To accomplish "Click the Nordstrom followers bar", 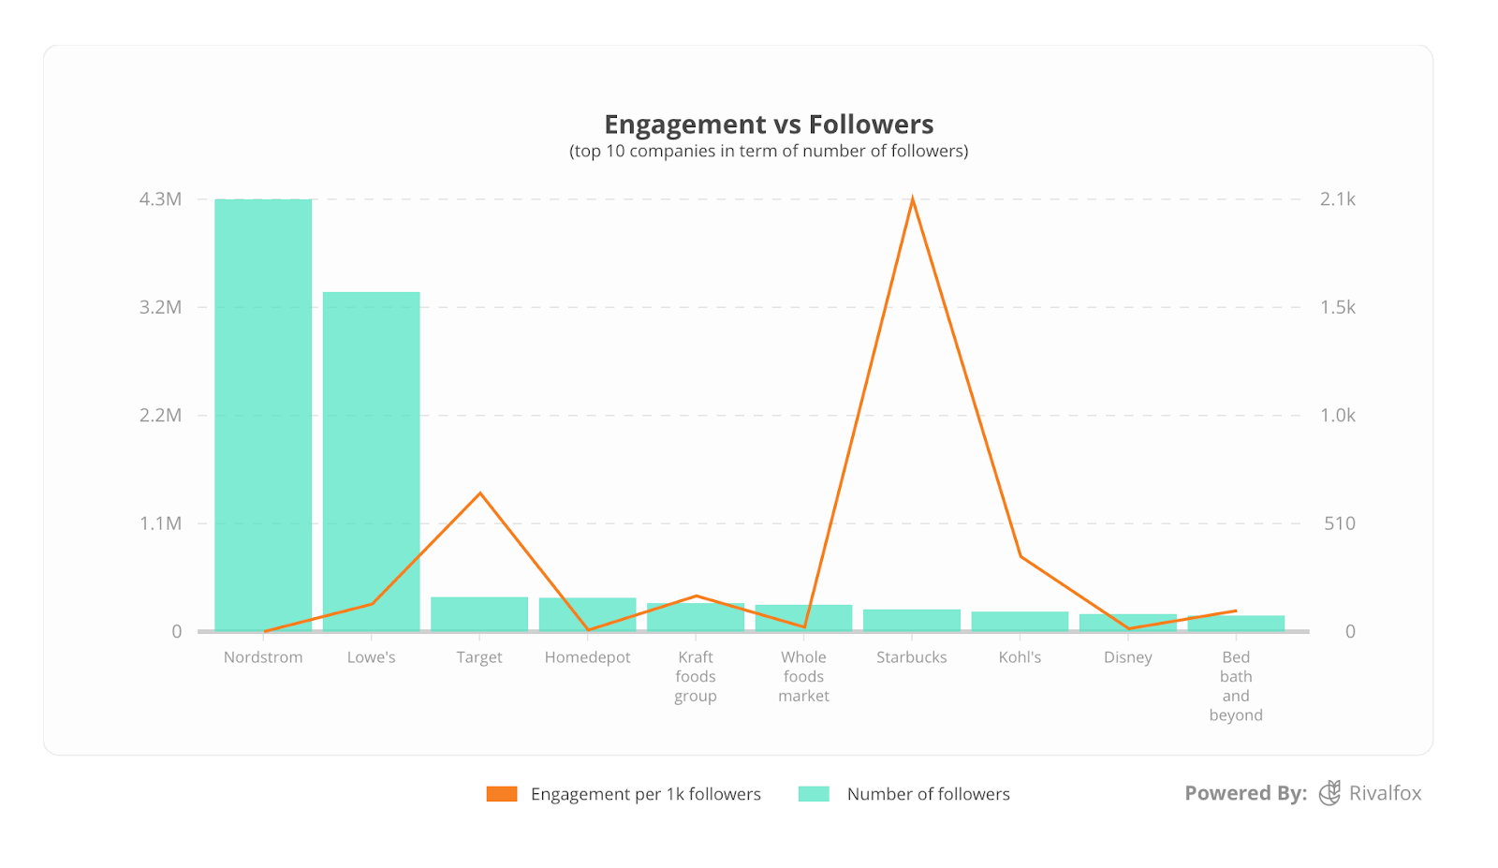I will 263,415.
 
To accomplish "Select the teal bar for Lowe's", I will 371,461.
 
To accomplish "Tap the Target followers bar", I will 479,613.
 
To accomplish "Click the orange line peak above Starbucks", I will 912,199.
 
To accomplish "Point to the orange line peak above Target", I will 480,493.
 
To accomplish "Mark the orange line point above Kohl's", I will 1021,556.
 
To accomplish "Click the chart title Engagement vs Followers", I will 769,125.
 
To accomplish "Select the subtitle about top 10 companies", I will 769,151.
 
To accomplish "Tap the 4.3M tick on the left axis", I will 160,199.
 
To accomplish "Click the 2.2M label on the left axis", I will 160,415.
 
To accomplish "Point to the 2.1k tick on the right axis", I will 1337,199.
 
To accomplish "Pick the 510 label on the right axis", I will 1339,523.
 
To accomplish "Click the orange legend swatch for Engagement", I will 502,794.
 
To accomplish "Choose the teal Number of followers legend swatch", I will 814,794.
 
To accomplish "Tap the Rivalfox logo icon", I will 1329,793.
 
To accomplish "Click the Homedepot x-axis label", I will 587,657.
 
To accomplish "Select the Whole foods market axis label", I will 803,676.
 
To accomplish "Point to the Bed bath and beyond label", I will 1236,686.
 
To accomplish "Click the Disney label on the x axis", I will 1127,657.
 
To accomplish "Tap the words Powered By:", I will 1245,793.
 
